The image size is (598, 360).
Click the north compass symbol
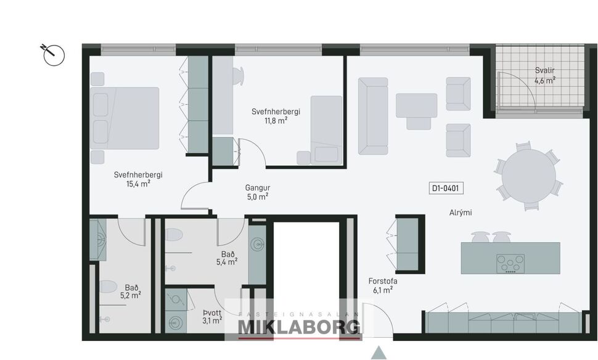click(54, 54)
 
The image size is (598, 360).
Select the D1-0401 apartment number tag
click(447, 188)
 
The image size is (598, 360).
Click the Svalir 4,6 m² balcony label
click(544, 76)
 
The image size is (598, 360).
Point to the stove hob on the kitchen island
click(510, 263)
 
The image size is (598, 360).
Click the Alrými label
click(461, 213)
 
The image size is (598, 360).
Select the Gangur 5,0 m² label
click(257, 192)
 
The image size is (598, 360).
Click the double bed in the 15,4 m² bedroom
click(125, 118)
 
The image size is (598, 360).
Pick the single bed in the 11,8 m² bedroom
click(326, 129)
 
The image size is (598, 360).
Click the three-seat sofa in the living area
click(373, 116)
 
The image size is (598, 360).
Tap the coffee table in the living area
click(416, 105)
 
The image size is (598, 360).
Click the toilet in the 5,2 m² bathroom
click(109, 287)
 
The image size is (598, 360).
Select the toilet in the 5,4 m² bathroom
click(174, 235)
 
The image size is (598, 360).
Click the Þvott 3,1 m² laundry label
click(211, 316)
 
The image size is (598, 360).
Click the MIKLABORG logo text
click(299, 327)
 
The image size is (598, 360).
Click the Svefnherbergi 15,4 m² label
click(138, 179)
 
